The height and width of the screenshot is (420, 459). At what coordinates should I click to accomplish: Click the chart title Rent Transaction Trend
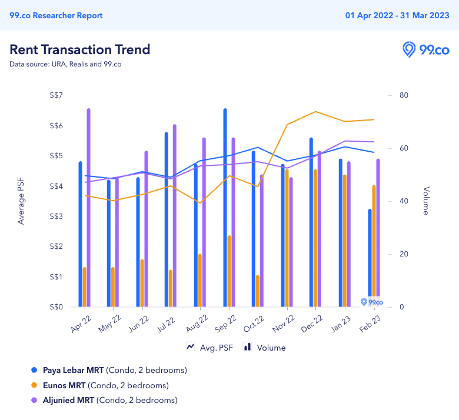pyautogui.click(x=80, y=49)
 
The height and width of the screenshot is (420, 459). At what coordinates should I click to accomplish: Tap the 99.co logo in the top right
pyautogui.click(x=425, y=50)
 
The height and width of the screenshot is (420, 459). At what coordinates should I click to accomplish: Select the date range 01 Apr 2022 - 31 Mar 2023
pyautogui.click(x=396, y=15)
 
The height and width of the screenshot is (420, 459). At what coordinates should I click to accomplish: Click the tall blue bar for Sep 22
pyautogui.click(x=225, y=206)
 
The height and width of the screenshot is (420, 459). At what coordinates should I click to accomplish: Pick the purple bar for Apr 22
pyautogui.click(x=89, y=206)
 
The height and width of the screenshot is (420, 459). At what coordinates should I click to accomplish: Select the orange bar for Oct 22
pyautogui.click(x=258, y=291)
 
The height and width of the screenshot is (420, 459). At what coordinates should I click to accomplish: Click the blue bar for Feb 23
pyautogui.click(x=370, y=253)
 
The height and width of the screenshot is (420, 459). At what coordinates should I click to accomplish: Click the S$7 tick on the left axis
pyautogui.click(x=57, y=95)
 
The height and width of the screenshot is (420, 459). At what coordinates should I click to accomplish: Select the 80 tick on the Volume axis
pyautogui.click(x=404, y=95)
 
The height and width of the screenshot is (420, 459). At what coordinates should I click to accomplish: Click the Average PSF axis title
pyautogui.click(x=21, y=201)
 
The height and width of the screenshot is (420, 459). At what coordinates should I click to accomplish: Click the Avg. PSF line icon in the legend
pyautogui.click(x=191, y=347)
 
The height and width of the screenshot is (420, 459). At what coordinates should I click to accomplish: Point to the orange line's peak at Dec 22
pyautogui.click(x=316, y=111)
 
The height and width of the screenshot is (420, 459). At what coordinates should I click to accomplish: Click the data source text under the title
pyautogui.click(x=65, y=64)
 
